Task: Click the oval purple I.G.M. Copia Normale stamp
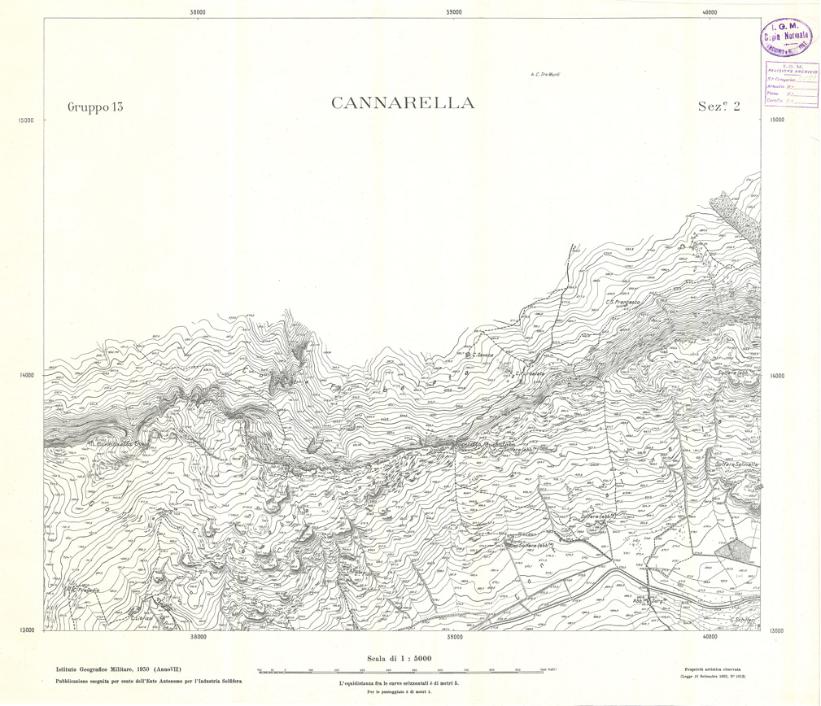pyautogui.click(x=788, y=35)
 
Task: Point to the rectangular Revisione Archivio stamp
pyautogui.click(x=788, y=85)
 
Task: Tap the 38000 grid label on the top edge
pyautogui.click(x=197, y=11)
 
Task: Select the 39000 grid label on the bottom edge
pyautogui.click(x=454, y=638)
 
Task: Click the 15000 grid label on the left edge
pyautogui.click(x=24, y=120)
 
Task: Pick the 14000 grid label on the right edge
pyautogui.click(x=777, y=376)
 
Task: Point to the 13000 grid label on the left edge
pyautogui.click(x=24, y=630)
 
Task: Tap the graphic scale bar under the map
pyautogui.click(x=400, y=669)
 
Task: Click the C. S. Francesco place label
pyautogui.click(x=625, y=303)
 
